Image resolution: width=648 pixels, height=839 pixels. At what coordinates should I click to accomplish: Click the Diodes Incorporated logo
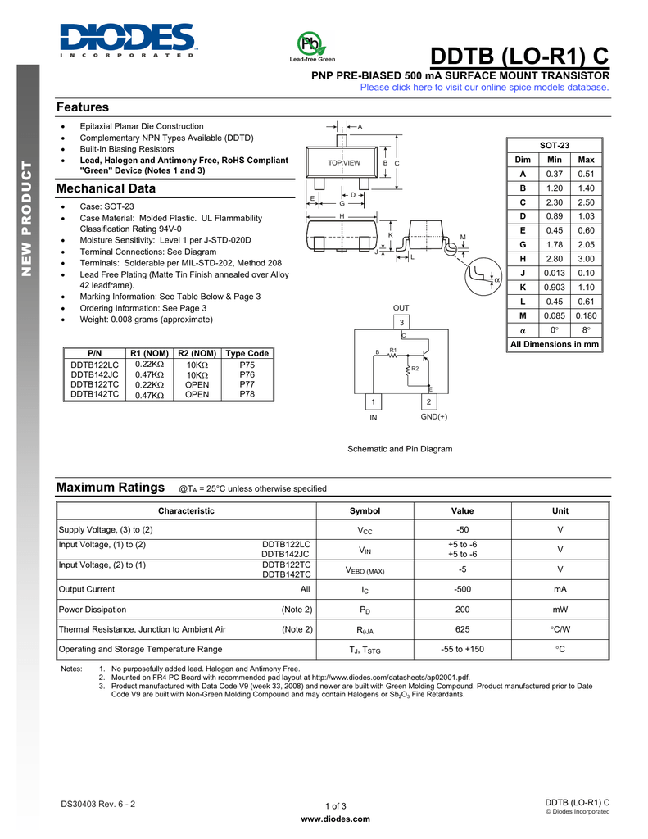coord(127,40)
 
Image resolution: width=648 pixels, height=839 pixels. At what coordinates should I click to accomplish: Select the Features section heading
coord(82,107)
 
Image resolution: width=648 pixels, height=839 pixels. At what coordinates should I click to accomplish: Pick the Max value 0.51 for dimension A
coord(586,174)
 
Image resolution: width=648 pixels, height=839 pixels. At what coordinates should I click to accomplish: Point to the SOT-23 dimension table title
coord(555,145)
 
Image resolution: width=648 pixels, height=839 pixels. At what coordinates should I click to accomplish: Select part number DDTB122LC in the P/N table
coord(94,365)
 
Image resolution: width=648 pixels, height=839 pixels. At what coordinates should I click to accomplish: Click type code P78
coord(247,394)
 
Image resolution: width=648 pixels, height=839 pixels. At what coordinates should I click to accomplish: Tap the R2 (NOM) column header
coord(197,353)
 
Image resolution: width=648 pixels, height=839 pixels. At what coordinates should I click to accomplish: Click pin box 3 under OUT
coord(401,322)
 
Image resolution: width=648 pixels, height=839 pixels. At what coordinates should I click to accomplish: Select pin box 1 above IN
coord(374,401)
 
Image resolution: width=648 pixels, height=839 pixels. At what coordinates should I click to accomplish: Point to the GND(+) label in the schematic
coord(434,417)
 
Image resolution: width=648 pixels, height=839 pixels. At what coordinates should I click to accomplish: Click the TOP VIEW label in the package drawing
coord(344,163)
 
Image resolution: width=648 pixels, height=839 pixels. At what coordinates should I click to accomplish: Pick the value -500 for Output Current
coord(462,589)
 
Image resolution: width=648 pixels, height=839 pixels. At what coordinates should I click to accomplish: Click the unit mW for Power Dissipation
coord(560,610)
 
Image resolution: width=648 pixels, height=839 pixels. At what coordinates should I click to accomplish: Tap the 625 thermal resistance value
coord(462,630)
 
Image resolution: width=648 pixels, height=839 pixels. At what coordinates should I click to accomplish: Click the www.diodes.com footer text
coord(336,819)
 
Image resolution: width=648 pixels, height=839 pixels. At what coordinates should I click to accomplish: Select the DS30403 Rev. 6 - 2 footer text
coord(98,804)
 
